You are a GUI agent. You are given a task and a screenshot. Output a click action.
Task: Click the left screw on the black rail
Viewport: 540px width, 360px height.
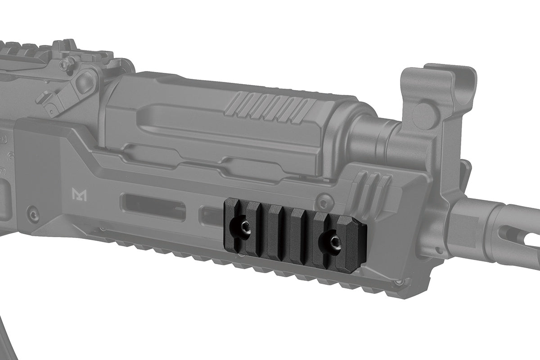[244, 227]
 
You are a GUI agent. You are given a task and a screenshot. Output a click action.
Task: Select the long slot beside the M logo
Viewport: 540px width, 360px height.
[153, 207]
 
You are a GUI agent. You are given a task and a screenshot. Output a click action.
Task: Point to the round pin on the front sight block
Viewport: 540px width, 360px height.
[423, 110]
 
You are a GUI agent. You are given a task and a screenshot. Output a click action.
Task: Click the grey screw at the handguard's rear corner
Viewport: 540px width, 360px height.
[32, 213]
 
